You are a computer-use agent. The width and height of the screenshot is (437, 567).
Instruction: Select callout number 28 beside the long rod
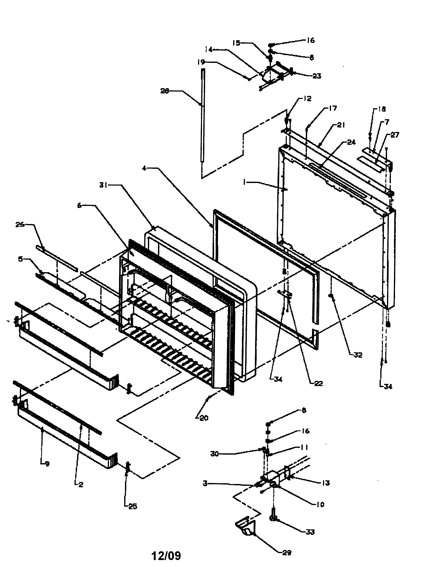pyautogui.click(x=165, y=91)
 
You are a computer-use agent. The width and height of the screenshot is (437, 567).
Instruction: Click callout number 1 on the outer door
pyautogui.click(x=244, y=183)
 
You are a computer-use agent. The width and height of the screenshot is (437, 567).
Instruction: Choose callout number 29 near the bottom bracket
pyautogui.click(x=287, y=553)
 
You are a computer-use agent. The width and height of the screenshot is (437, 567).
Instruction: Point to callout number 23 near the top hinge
pyautogui.click(x=317, y=76)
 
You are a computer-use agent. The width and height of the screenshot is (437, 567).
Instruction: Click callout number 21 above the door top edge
pyautogui.click(x=341, y=125)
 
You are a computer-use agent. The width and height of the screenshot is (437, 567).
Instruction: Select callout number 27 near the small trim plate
pyautogui.click(x=395, y=135)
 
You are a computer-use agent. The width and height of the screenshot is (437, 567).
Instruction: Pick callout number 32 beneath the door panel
pyautogui.click(x=358, y=355)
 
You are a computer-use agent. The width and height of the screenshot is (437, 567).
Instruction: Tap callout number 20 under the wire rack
pyautogui.click(x=204, y=418)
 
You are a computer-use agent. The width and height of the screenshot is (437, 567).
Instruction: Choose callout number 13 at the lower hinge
pyautogui.click(x=326, y=483)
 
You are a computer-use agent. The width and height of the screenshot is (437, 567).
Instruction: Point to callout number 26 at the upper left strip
pyautogui.click(x=20, y=225)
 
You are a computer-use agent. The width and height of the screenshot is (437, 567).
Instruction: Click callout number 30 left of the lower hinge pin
pyautogui.click(x=214, y=454)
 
